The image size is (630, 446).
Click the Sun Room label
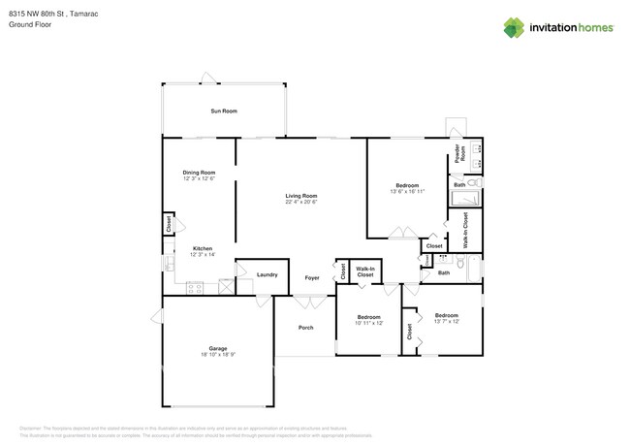point(224,111)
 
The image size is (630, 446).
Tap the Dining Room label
point(199,173)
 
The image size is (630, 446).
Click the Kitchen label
point(202,248)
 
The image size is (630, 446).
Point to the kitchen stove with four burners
point(195,287)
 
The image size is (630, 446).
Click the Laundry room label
point(268,275)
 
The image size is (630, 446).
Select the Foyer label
point(312,278)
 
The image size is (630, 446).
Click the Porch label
point(305,328)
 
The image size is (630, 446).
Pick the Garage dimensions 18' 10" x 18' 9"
point(218,355)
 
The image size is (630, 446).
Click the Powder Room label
point(462,153)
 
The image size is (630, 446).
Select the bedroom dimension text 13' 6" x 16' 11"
point(407,192)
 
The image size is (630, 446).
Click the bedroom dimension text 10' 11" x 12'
point(369,323)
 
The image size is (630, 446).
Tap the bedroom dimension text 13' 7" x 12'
point(447,322)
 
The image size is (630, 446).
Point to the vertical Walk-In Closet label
point(465,231)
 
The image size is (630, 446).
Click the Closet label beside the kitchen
point(169,224)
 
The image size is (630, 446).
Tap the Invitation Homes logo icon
point(514,27)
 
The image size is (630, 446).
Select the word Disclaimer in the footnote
point(32,428)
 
